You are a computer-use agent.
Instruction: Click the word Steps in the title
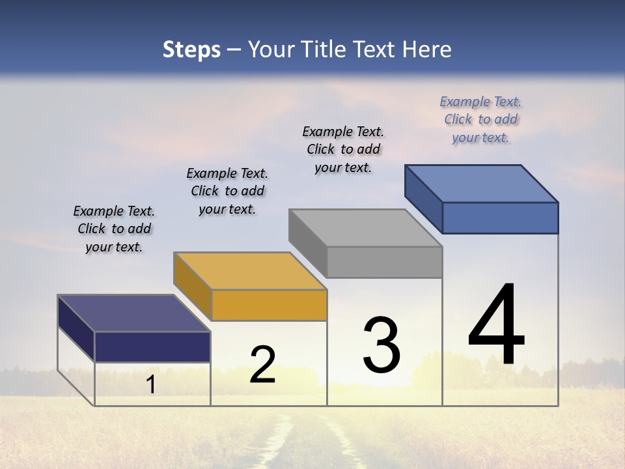[x=191, y=50]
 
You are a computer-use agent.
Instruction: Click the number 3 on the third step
[x=382, y=345]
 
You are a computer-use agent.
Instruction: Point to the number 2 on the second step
[x=262, y=365]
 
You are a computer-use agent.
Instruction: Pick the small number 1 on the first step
[x=150, y=385]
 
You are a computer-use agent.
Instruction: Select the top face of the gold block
[x=250, y=271]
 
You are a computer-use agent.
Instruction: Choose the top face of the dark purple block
[x=134, y=313]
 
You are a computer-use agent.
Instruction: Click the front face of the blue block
[x=500, y=218]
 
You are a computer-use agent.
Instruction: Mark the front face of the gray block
[x=384, y=263]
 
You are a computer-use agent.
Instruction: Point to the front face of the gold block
[x=269, y=305]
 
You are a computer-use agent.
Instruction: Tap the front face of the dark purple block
[x=152, y=347]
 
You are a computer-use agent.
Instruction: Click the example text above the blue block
[x=480, y=120]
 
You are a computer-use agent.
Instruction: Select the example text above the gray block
[x=343, y=150]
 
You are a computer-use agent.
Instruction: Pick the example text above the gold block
[x=227, y=192]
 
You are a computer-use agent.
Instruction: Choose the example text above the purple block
[x=114, y=229]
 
